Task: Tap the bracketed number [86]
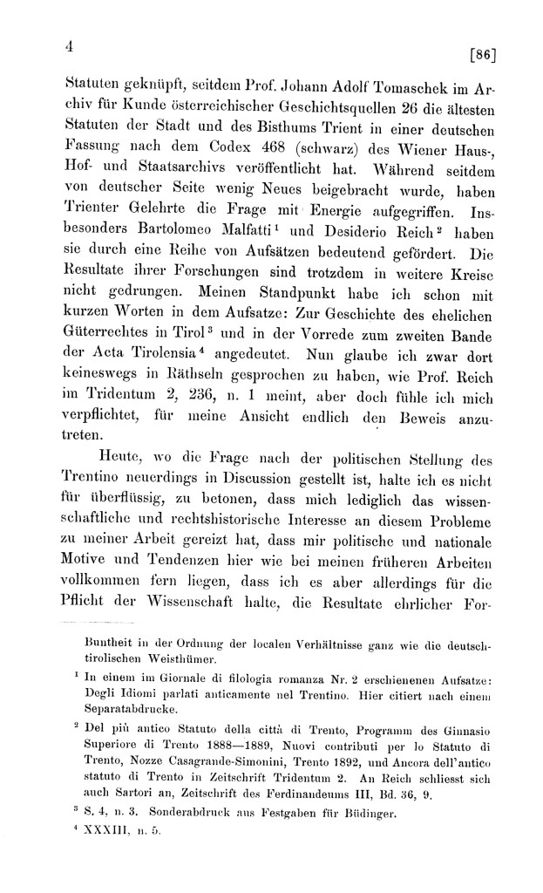click(481, 57)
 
